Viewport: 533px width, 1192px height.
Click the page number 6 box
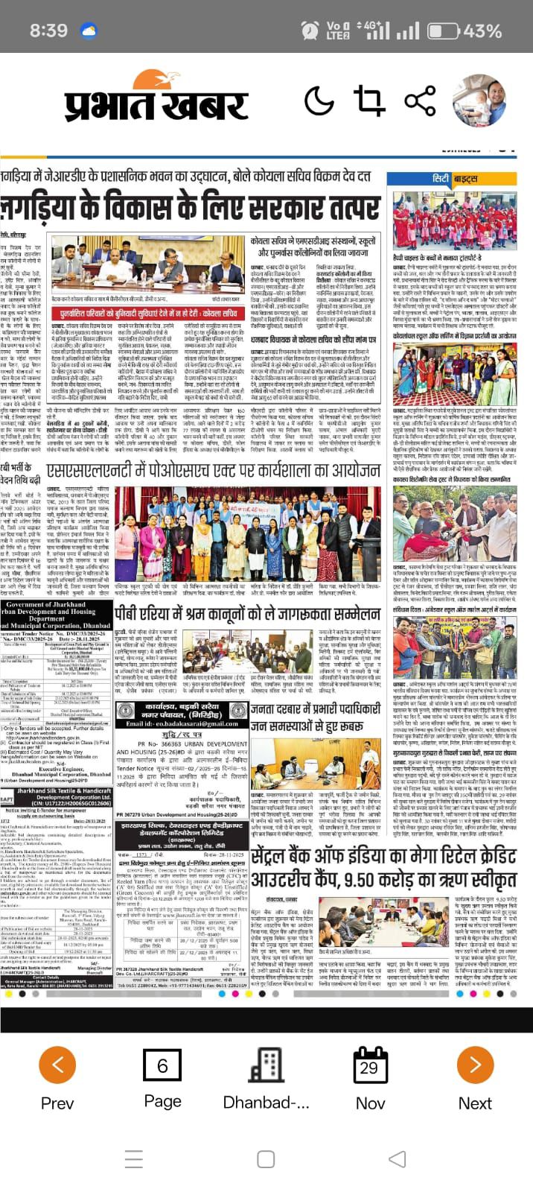(162, 1066)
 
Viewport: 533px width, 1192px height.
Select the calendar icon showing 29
(370, 1066)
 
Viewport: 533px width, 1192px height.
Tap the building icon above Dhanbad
(266, 1066)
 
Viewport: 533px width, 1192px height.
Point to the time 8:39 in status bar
(48, 31)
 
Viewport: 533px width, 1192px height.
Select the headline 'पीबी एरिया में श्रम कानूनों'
(247, 614)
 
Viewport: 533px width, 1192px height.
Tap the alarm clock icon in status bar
(310, 31)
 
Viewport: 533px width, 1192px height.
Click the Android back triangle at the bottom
(398, 1159)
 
